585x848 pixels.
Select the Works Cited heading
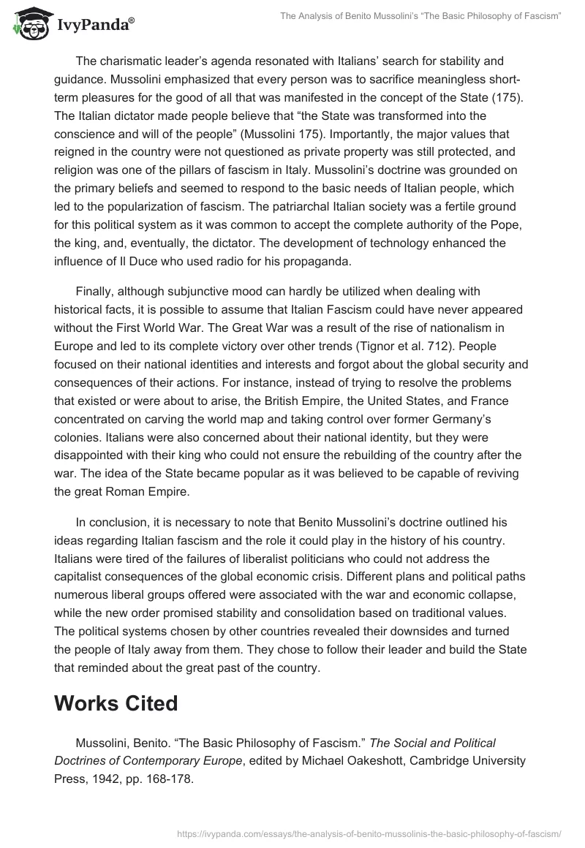pyautogui.click(x=116, y=703)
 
